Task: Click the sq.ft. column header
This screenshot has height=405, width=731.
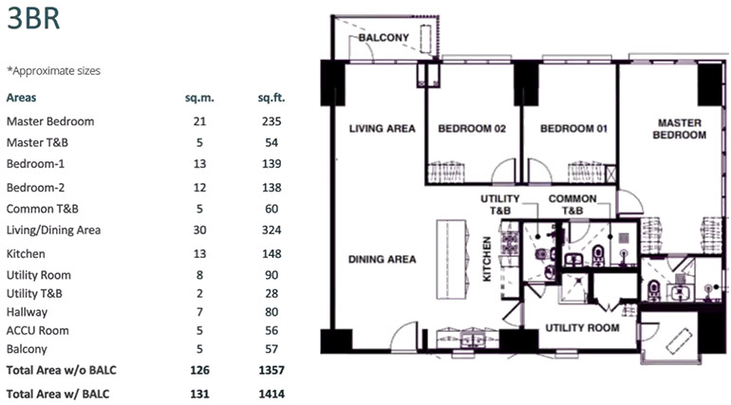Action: [272, 98]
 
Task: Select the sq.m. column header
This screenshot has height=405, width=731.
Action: [198, 98]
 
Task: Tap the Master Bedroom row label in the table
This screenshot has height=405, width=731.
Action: [50, 121]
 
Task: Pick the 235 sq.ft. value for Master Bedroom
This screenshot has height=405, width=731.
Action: [272, 121]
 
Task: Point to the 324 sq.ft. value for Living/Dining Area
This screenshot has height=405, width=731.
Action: [272, 230]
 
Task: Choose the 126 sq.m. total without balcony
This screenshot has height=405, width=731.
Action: [198, 369]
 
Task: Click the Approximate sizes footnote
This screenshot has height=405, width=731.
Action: [53, 70]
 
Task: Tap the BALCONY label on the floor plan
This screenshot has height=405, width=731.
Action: [384, 38]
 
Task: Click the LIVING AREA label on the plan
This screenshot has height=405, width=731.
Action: [382, 129]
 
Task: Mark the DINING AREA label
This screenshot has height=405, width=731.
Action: [382, 259]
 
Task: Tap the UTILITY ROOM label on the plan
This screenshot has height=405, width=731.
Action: [582, 328]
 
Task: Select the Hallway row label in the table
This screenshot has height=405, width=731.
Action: [27, 312]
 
